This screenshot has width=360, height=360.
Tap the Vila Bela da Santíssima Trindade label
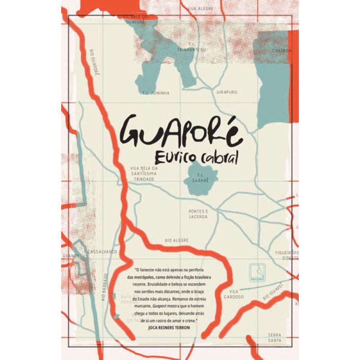[144, 173]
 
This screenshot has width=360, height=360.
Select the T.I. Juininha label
[156, 93]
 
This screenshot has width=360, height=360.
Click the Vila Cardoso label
[234, 294]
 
